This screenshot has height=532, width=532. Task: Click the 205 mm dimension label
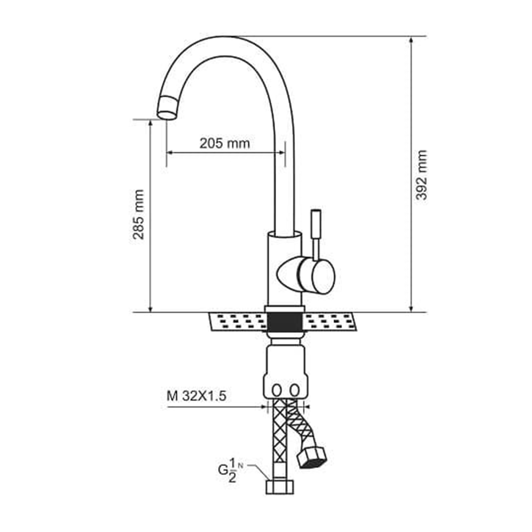225,143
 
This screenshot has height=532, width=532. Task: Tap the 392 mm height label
421,174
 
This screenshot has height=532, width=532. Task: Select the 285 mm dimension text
138,214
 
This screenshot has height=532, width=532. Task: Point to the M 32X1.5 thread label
196,396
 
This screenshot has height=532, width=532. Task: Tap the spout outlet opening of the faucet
167,115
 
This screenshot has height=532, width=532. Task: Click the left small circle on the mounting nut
277,390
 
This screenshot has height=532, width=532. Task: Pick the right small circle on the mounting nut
295,390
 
